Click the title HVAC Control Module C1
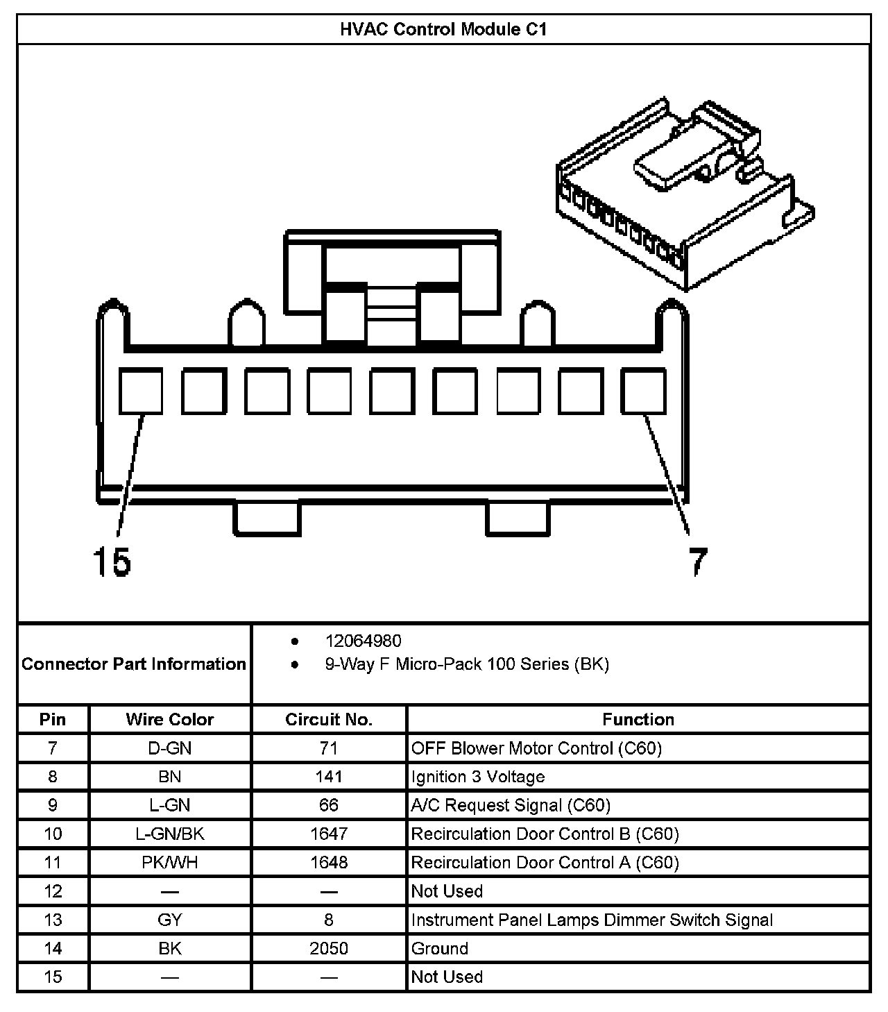(x=443, y=29)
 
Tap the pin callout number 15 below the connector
(x=112, y=562)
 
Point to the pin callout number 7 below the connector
(x=697, y=562)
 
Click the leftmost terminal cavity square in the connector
(x=141, y=391)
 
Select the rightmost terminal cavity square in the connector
(x=643, y=391)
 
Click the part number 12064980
(x=363, y=641)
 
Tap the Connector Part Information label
(x=134, y=664)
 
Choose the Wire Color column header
(x=170, y=719)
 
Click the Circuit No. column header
(x=329, y=719)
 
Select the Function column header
(x=638, y=719)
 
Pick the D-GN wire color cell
(x=170, y=748)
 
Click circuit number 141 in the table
(x=329, y=777)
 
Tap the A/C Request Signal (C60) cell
(x=511, y=805)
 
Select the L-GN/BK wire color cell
(x=170, y=834)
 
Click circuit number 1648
(x=329, y=862)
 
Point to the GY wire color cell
(x=170, y=920)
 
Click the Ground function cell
(x=440, y=948)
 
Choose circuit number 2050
(x=329, y=948)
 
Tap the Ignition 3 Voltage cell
(x=478, y=777)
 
